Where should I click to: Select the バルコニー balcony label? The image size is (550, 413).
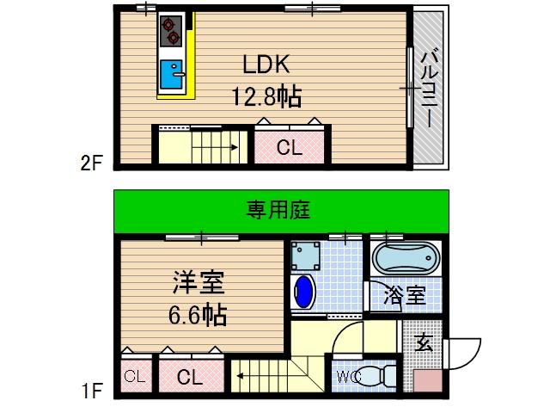(x=427, y=85)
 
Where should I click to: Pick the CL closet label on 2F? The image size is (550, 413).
(x=289, y=147)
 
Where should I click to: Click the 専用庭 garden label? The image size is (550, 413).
(x=278, y=209)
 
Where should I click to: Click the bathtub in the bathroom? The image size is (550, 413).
(x=406, y=260)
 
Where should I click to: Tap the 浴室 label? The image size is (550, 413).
(x=403, y=295)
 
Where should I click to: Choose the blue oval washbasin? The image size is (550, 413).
(x=304, y=292)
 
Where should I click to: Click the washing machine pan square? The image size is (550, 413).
(x=304, y=255)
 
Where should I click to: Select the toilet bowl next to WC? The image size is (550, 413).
(x=375, y=376)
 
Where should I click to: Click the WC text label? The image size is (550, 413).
(x=348, y=375)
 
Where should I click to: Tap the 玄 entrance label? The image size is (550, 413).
(x=423, y=345)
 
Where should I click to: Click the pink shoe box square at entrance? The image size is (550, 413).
(x=427, y=382)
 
